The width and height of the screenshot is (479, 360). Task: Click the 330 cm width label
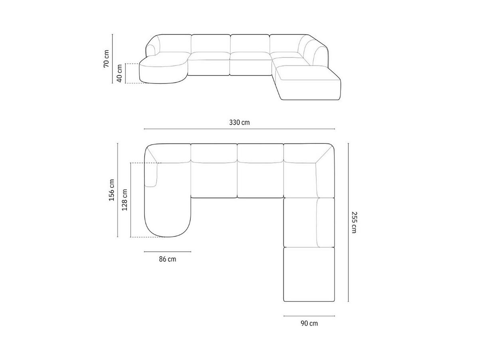point(239,123)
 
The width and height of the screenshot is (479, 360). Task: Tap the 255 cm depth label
point(354,223)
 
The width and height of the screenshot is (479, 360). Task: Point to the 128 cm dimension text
point(125,200)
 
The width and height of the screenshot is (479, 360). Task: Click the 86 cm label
point(167,259)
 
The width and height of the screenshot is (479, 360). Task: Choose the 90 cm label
point(309,323)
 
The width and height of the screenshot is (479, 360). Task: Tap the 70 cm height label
point(106,59)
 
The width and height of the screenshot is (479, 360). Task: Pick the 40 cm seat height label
point(119,74)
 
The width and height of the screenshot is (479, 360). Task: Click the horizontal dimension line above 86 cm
point(167,252)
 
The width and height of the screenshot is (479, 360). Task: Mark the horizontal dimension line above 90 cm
point(309,316)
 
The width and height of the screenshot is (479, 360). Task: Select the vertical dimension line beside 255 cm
point(348,223)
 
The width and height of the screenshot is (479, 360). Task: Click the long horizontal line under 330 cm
point(239,129)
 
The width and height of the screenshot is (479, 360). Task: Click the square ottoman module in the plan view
point(309,275)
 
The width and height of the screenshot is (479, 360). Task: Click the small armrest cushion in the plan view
point(152,175)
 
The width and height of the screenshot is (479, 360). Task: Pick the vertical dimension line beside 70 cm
point(113,59)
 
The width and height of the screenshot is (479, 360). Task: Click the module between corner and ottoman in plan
point(300,223)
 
